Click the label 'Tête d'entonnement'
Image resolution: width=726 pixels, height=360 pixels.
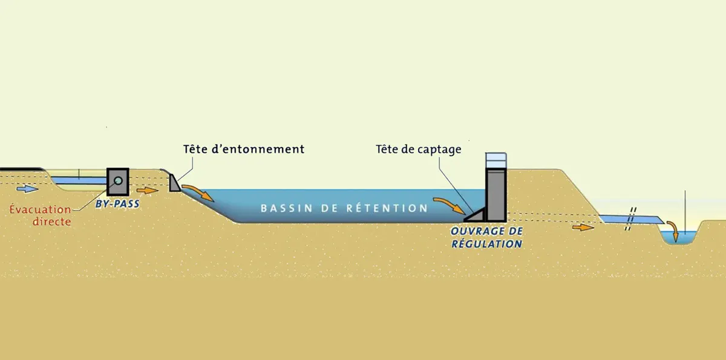pyautogui.click(x=244, y=149)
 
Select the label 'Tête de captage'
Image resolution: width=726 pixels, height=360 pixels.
pyautogui.click(x=419, y=149)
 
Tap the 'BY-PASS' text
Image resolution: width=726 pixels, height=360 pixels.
pyautogui.click(x=117, y=204)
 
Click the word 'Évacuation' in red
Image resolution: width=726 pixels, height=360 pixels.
pyautogui.click(x=40, y=209)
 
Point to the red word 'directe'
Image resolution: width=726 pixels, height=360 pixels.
pyautogui.click(x=52, y=221)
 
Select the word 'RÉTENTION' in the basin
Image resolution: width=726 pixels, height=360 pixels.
pyautogui.click(x=387, y=208)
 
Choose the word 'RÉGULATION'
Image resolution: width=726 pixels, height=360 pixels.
pyautogui.click(x=486, y=244)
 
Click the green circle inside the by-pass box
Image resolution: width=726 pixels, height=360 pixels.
pyautogui.click(x=119, y=180)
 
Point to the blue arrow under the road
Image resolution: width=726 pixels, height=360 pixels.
pyautogui.click(x=27, y=189)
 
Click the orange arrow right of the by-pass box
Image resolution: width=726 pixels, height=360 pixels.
pyautogui.click(x=148, y=190)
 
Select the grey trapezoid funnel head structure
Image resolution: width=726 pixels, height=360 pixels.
pyautogui.click(x=174, y=183)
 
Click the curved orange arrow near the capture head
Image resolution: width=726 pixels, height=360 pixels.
pyautogui.click(x=450, y=204)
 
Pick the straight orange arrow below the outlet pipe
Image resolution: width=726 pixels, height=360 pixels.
pyautogui.click(x=583, y=227)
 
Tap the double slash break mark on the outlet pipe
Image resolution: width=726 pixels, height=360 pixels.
pyautogui.click(x=630, y=219)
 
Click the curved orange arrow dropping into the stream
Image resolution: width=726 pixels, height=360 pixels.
pyautogui.click(x=673, y=229)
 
